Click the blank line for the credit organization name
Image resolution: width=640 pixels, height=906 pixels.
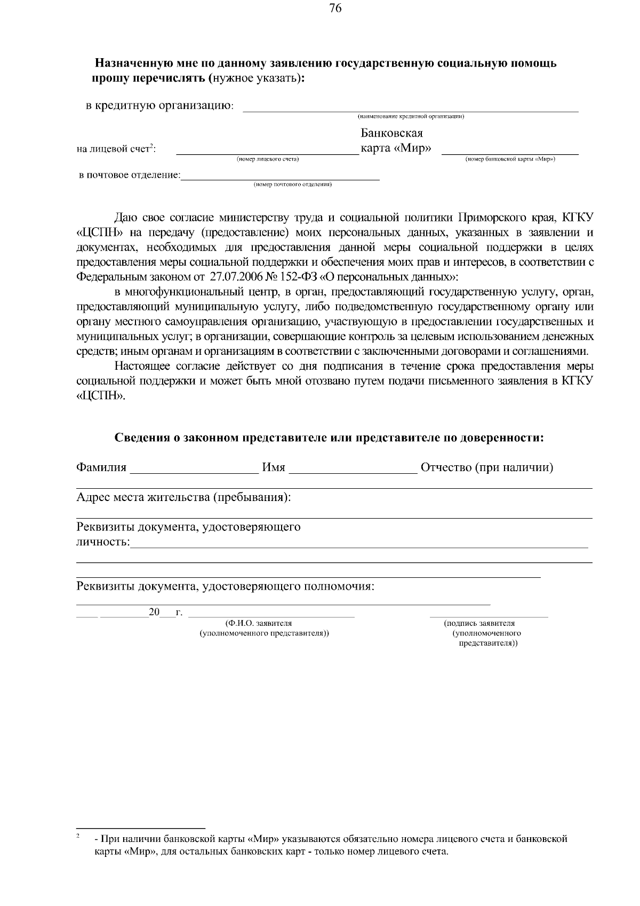pos(410,110)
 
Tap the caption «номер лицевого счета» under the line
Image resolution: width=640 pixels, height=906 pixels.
pos(268,159)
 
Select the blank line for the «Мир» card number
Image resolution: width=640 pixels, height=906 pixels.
pos(510,153)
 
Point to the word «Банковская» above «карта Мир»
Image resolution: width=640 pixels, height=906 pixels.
pos(392,133)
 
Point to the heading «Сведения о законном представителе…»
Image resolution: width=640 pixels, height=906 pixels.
pos(330,438)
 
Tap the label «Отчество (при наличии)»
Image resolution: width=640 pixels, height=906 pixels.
pos(487,468)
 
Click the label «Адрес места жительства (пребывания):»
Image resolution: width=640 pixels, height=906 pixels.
pos(184,498)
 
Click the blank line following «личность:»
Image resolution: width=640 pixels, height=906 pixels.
pos(358,545)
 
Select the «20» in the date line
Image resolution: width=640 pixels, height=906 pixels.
pos(154,612)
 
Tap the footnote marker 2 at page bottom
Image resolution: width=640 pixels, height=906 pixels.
pos(78,836)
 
